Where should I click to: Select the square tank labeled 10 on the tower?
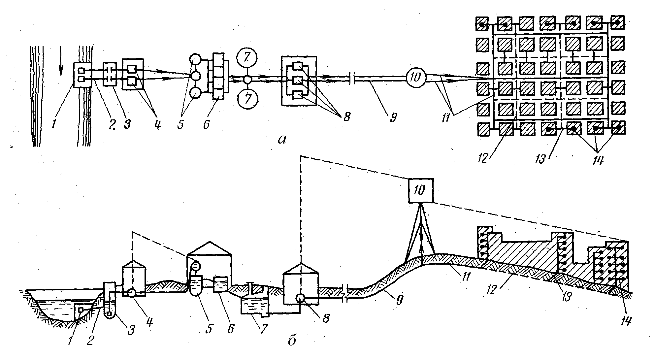[x=421, y=190]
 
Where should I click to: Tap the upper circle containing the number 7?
[x=247, y=58]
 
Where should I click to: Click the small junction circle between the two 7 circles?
[x=247, y=79]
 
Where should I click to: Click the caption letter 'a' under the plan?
[x=281, y=140]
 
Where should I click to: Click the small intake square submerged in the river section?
[x=80, y=309]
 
